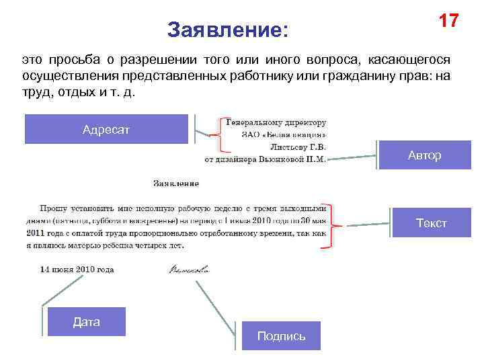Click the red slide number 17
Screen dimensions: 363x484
tap(448, 21)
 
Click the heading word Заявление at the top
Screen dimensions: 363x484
tap(227, 30)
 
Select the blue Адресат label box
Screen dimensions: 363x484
tap(106, 129)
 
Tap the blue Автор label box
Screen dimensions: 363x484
tap(424, 155)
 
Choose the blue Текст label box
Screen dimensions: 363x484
tap(431, 223)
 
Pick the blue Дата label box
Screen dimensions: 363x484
tap(87, 321)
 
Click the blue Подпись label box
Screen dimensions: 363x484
tap(281, 335)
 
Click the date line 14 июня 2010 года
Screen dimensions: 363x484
tap(77, 270)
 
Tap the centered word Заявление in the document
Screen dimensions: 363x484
tap(176, 183)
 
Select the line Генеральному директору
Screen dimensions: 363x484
tap(276, 123)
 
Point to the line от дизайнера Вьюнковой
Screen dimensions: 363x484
tap(265, 159)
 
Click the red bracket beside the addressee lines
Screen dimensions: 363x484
tap(217, 135)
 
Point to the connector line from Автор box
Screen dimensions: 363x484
tap(353, 157)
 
